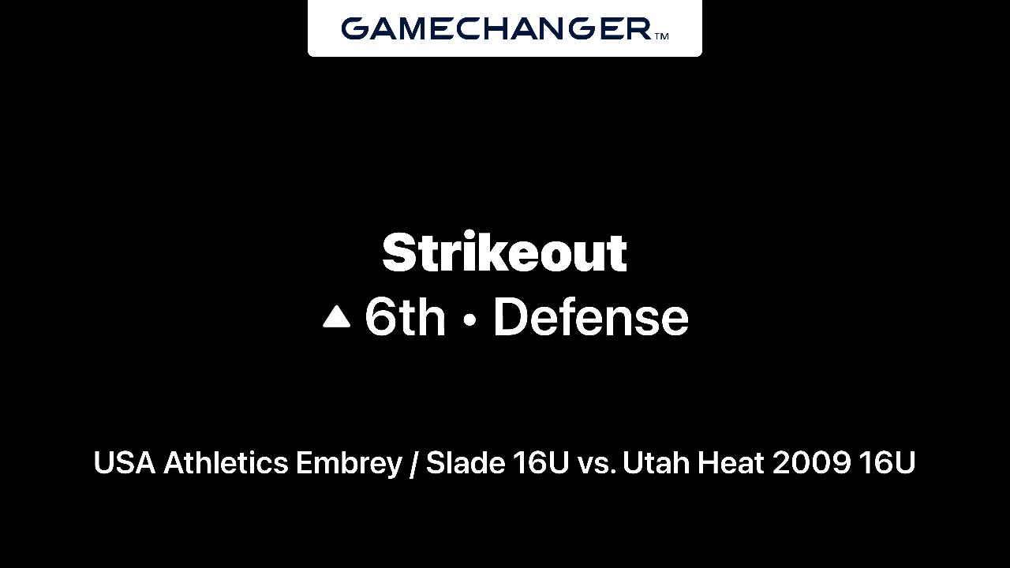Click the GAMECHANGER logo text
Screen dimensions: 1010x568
[x=496, y=28]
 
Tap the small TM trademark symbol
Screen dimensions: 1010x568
[x=661, y=36]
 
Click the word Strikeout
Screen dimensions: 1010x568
[x=504, y=252]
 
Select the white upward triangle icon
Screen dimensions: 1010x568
[x=336, y=316]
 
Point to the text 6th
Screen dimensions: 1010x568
[x=405, y=317]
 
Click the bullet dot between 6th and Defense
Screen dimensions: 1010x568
[x=469, y=319]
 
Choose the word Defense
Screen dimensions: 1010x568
[x=591, y=317]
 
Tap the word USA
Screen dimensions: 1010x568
[x=125, y=462]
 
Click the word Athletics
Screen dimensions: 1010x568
[x=226, y=462]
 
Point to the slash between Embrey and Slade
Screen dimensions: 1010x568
[x=413, y=463]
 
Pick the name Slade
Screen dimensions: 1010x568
[x=466, y=462]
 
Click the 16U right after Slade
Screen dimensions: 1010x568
[x=541, y=463]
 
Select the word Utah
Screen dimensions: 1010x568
[x=656, y=462]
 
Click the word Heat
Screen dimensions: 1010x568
[x=731, y=462]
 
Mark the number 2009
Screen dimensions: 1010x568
[x=812, y=463]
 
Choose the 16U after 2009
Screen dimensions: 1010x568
[x=887, y=463]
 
